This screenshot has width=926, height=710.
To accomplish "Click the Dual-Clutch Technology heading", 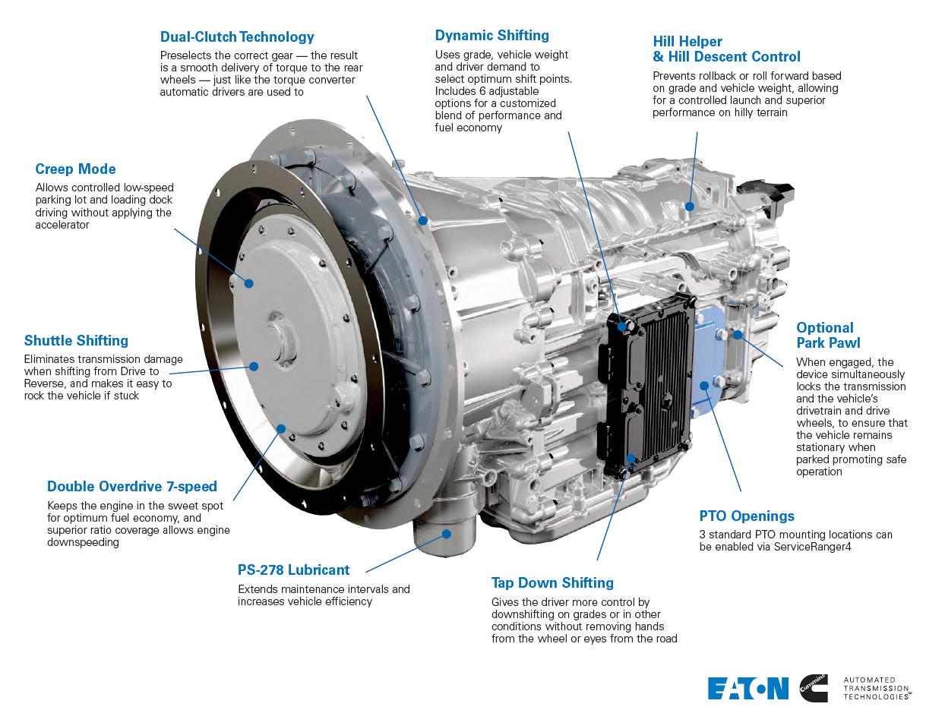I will pyautogui.click(x=237, y=37).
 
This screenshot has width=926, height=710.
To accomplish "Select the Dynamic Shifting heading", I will pyautogui.click(x=491, y=36).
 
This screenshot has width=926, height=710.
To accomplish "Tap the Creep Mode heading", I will pyautogui.click(x=75, y=169).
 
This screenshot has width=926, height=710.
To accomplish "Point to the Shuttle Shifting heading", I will pyautogui.click(x=76, y=341).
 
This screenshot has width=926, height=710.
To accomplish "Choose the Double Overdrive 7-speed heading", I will pyautogui.click(x=132, y=487).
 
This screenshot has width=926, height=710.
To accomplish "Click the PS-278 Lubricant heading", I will pyautogui.click(x=293, y=570).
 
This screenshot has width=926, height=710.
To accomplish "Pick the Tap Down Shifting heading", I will pyautogui.click(x=552, y=583).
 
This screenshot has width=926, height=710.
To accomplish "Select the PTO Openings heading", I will pyautogui.click(x=747, y=516).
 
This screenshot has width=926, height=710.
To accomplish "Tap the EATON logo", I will pyautogui.click(x=748, y=688).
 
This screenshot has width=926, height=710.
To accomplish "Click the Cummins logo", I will pyautogui.click(x=814, y=688).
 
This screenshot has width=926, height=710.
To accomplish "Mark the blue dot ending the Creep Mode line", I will pyautogui.click(x=249, y=282).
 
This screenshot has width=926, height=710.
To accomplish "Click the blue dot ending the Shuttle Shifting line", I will pyautogui.click(x=254, y=366).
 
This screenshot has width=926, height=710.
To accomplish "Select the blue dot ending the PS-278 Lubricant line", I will pyautogui.click(x=447, y=533).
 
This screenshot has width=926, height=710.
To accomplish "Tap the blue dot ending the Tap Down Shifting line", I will pyautogui.click(x=631, y=459).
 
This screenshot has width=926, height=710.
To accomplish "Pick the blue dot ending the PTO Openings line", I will pyautogui.click(x=704, y=385).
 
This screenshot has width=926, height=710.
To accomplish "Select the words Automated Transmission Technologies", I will pyautogui.click(x=877, y=688).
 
